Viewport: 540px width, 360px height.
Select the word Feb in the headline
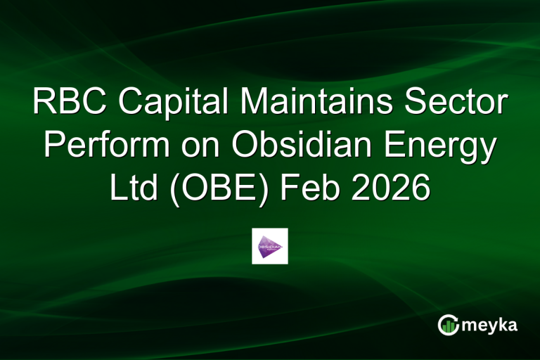(311, 189)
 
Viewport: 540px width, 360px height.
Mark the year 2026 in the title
(392, 189)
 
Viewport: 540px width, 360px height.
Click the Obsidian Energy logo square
(270, 246)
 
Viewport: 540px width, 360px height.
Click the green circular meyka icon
(449, 324)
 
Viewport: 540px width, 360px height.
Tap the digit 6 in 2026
(418, 189)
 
